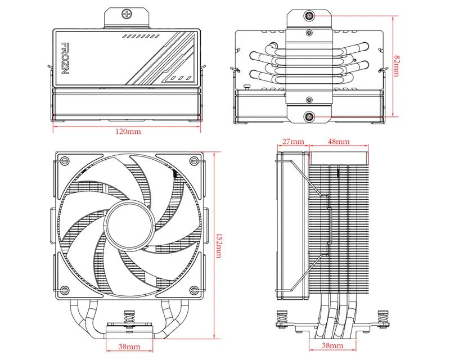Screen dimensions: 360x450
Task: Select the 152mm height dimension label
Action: [218, 245]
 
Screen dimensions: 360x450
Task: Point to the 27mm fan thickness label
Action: [292, 141]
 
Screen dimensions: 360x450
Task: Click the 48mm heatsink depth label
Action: [337, 141]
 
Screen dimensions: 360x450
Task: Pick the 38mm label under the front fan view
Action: [130, 346]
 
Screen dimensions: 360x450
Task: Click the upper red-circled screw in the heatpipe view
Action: [310, 16]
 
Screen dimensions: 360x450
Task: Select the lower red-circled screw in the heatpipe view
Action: [310, 116]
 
